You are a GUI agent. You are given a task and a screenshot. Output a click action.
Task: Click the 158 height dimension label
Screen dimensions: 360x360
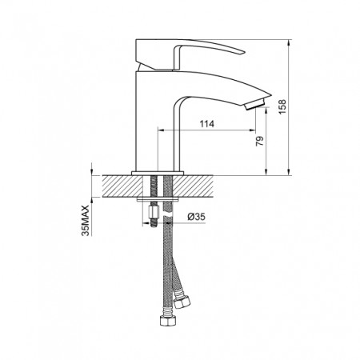coord(282,106)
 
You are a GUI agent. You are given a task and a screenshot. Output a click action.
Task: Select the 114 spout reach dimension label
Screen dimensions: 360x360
coord(207,124)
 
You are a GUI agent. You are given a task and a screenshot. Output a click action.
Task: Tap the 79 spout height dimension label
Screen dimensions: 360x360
coord(260,141)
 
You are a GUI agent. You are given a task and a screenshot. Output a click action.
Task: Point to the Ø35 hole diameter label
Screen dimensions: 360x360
coord(196,217)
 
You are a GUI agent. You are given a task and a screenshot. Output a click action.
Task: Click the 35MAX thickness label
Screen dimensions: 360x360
coord(86,221)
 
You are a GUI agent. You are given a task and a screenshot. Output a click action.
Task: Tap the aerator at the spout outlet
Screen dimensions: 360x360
coord(255,104)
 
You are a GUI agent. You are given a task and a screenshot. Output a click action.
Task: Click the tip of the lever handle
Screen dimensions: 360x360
coord(244,52)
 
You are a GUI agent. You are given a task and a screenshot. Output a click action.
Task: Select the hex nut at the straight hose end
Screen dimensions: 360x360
coord(166,321)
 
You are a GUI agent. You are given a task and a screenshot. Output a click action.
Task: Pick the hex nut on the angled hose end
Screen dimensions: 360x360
coord(182,301)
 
